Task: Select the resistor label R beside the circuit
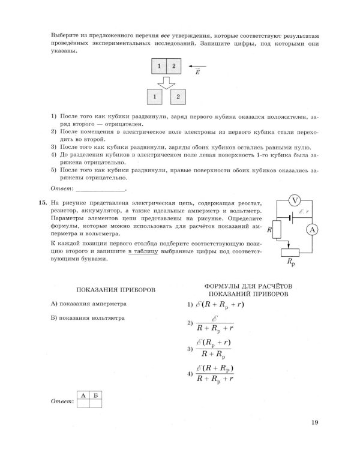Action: click(270, 229)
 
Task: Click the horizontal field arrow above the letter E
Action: click(197, 66)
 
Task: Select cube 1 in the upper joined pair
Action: click(158, 66)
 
